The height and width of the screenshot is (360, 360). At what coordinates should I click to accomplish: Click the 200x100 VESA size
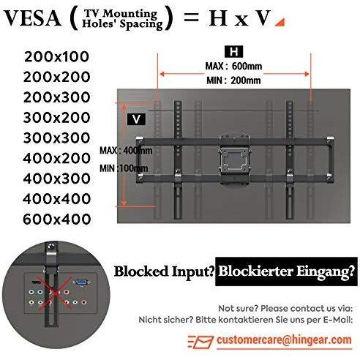tap(56, 57)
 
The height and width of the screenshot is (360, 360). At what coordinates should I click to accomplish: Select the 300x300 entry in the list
tap(56, 138)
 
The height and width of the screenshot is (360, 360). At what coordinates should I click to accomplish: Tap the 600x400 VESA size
tap(57, 219)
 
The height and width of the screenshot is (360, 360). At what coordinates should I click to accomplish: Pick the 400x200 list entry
tap(56, 158)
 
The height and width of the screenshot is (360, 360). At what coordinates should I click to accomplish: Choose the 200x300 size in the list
tap(56, 97)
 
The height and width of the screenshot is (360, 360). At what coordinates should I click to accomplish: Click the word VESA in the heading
tap(32, 18)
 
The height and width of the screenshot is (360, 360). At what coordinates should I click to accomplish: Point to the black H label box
tap(233, 52)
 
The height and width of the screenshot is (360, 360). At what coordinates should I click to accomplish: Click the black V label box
tap(136, 119)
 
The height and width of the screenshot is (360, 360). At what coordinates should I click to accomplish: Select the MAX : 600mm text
tap(233, 67)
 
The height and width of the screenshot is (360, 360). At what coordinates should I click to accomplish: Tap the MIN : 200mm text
tap(233, 80)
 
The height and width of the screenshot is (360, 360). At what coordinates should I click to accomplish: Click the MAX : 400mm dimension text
tap(126, 151)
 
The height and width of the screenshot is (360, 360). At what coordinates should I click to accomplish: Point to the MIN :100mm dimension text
tap(124, 168)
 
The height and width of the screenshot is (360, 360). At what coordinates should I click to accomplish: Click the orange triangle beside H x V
tap(281, 23)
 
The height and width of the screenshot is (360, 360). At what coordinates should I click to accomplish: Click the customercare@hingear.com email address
tap(284, 340)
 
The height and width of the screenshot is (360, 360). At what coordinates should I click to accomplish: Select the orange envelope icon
tap(201, 342)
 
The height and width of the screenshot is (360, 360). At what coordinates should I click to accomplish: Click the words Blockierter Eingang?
tap(286, 271)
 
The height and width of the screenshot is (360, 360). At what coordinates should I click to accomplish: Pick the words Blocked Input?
tap(165, 271)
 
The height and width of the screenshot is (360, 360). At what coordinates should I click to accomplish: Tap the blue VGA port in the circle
tap(81, 282)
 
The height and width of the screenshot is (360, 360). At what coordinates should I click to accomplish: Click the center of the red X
tap(54, 292)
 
